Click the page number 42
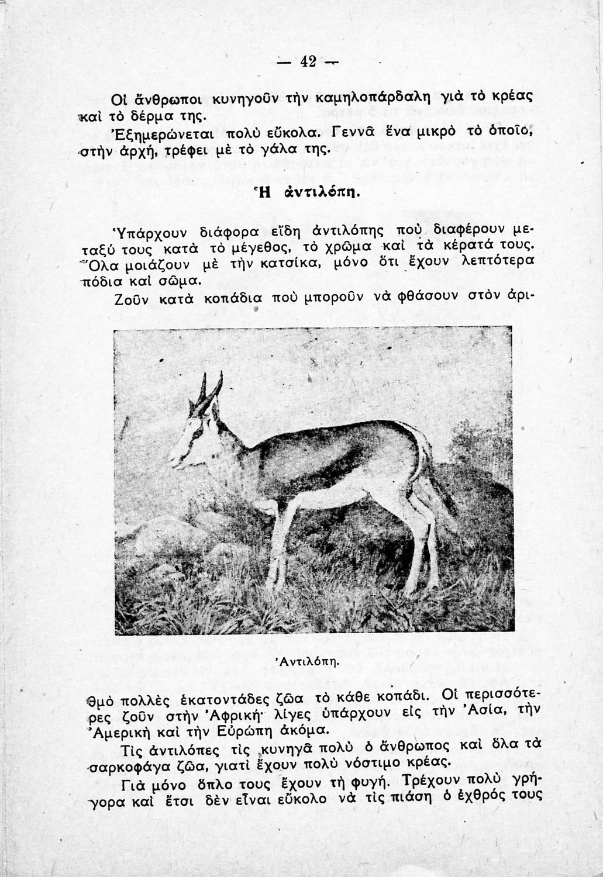[308, 61]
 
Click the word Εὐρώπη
[220, 730]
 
